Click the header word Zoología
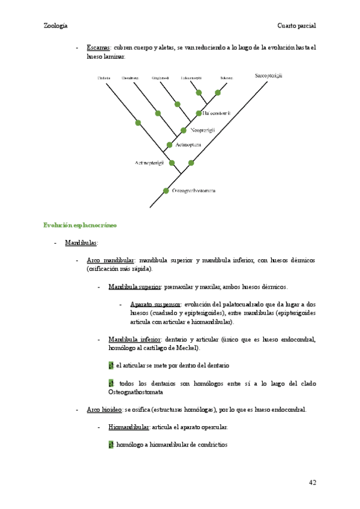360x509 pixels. (55, 26)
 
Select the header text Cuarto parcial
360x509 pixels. (296, 26)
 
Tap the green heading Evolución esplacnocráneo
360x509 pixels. (79, 225)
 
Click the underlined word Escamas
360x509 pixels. (98, 47)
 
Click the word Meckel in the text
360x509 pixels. (187, 348)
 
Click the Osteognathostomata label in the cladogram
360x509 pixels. (193, 191)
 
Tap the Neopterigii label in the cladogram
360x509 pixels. (203, 130)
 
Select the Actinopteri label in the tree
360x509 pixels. (188, 145)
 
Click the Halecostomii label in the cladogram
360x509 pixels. (217, 113)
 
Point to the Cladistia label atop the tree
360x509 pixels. (104, 78)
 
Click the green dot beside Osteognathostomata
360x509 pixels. (166, 191)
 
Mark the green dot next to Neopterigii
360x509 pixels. (184, 130)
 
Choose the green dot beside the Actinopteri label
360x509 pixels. (170, 145)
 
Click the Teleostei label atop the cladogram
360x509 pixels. (226, 78)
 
